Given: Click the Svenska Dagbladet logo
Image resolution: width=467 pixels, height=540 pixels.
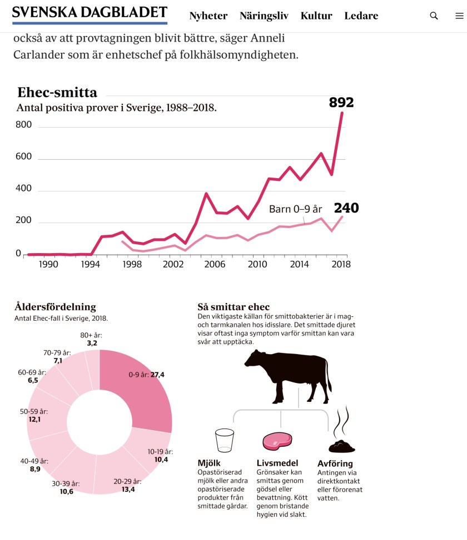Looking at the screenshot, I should [x=90, y=13].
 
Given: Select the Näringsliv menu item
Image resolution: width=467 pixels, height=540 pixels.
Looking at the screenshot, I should [x=264, y=16].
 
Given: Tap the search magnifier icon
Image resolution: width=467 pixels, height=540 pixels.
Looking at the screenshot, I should [x=434, y=16].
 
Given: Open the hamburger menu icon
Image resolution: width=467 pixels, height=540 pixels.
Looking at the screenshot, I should [x=459, y=16].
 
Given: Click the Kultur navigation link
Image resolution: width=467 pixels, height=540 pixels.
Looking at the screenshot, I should [x=316, y=16].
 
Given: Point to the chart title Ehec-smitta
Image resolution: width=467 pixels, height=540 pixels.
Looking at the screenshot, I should [x=57, y=92].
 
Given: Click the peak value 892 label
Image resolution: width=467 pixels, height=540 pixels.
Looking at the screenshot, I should [x=341, y=103].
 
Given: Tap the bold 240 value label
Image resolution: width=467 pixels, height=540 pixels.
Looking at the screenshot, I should [x=346, y=208].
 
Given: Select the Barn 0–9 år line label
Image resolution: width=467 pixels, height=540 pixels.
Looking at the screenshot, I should [x=295, y=209].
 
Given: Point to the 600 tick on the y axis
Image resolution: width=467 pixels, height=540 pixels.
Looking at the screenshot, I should [x=23, y=157].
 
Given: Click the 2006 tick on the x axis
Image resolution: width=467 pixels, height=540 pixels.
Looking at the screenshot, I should [x=214, y=264].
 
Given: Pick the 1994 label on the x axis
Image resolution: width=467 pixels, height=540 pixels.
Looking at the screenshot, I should [x=90, y=264].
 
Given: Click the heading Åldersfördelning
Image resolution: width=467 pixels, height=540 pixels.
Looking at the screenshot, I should [x=55, y=306].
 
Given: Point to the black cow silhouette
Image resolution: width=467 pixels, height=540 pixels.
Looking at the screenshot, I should [x=289, y=377].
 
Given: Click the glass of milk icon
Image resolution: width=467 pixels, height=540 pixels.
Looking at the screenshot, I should [x=224, y=441].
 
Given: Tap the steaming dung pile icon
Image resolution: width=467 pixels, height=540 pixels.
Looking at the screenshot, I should [x=341, y=444].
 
